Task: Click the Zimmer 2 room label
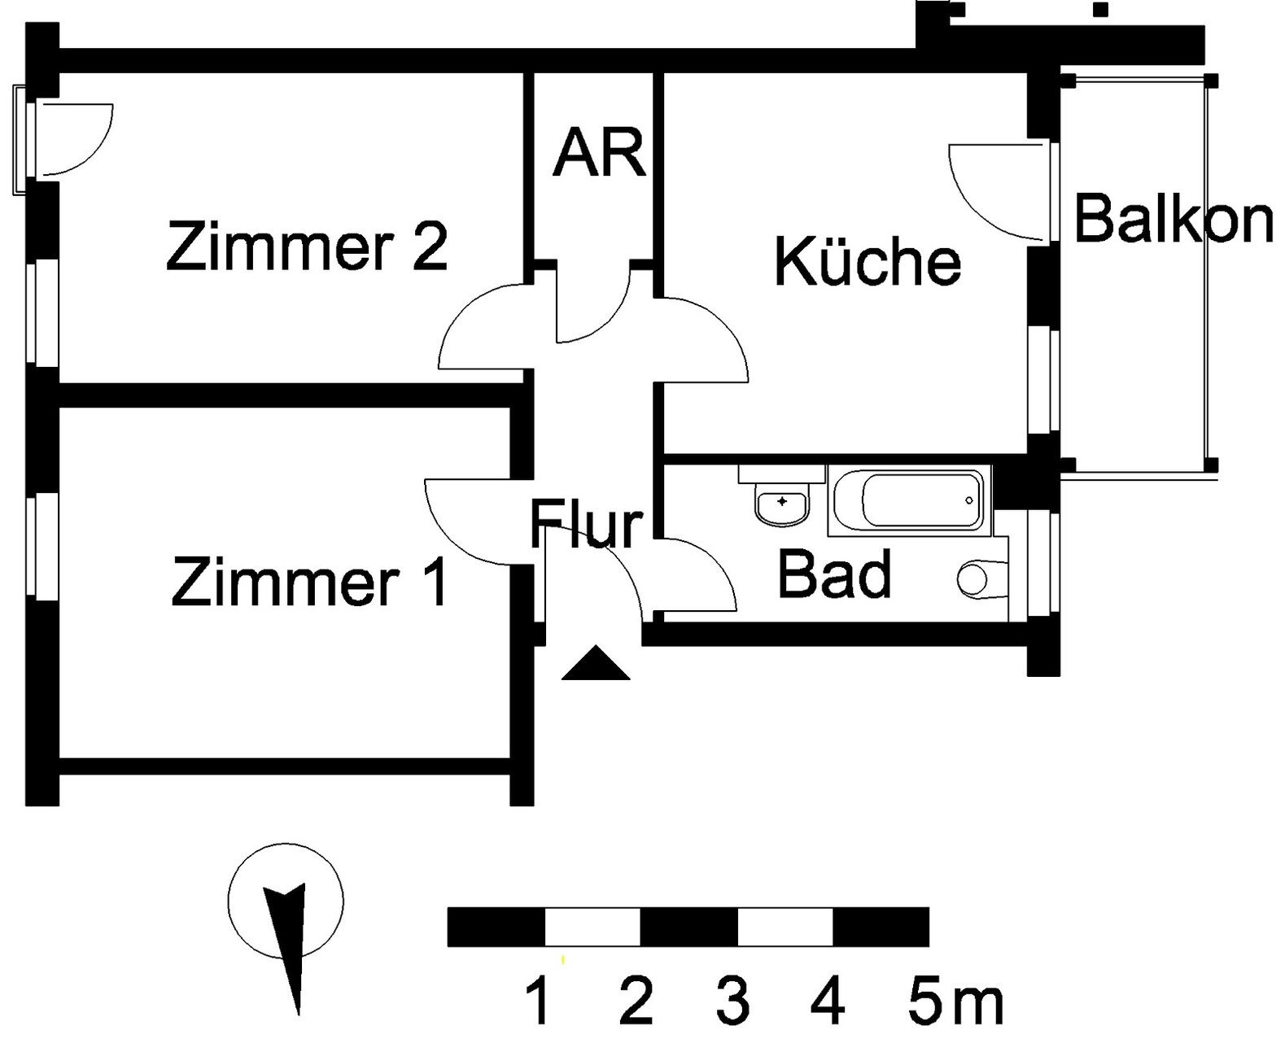click(307, 247)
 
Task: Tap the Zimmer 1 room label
click(309, 581)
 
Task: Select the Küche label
click(868, 261)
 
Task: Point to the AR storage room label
click(599, 152)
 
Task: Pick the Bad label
click(835, 573)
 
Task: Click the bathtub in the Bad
click(910, 500)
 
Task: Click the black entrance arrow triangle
click(596, 663)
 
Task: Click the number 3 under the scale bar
click(732, 1002)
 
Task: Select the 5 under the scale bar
click(924, 1002)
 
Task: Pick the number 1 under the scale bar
click(539, 1002)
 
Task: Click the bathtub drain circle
click(969, 500)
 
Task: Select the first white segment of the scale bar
click(592, 927)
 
